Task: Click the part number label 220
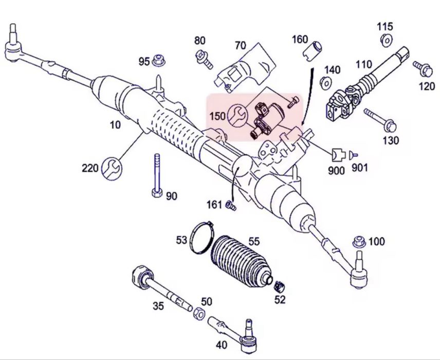click(x=90, y=168)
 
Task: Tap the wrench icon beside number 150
click(x=237, y=115)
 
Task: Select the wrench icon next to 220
click(x=112, y=168)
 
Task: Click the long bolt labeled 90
click(x=157, y=175)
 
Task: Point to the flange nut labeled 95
click(x=158, y=60)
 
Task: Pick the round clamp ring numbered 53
click(x=201, y=237)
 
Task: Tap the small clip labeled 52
click(x=280, y=286)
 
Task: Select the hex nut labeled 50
click(x=199, y=313)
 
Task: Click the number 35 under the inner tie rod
click(x=158, y=306)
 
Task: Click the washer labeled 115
click(x=387, y=39)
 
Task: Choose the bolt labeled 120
click(x=423, y=68)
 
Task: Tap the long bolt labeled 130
click(x=380, y=120)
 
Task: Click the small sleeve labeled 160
click(x=313, y=50)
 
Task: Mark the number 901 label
click(x=359, y=168)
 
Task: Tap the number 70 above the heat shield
click(x=241, y=45)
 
